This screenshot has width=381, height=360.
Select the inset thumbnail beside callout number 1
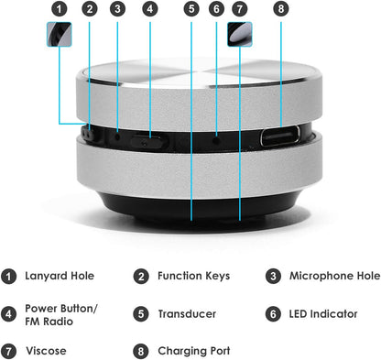pos(60,36)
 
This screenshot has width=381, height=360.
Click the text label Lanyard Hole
pos(59,275)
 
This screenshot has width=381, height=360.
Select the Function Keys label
pos(193,275)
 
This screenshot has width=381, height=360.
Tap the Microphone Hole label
pos(334,275)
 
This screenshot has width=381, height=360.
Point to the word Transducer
pos(188,313)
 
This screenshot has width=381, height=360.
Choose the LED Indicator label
pos(323,313)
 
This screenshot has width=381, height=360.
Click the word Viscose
pos(46,350)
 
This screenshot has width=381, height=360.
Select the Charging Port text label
pos(193,350)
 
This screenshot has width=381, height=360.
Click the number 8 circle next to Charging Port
pos(142,350)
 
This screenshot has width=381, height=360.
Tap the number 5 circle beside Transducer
pos(142,313)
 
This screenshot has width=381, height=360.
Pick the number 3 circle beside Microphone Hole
pos(273,275)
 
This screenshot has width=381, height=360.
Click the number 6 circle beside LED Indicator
pos(273,313)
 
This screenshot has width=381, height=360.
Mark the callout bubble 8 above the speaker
pos(280,10)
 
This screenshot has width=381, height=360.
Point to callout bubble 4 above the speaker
pos(150,10)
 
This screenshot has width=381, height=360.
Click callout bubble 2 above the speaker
pos(89,10)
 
